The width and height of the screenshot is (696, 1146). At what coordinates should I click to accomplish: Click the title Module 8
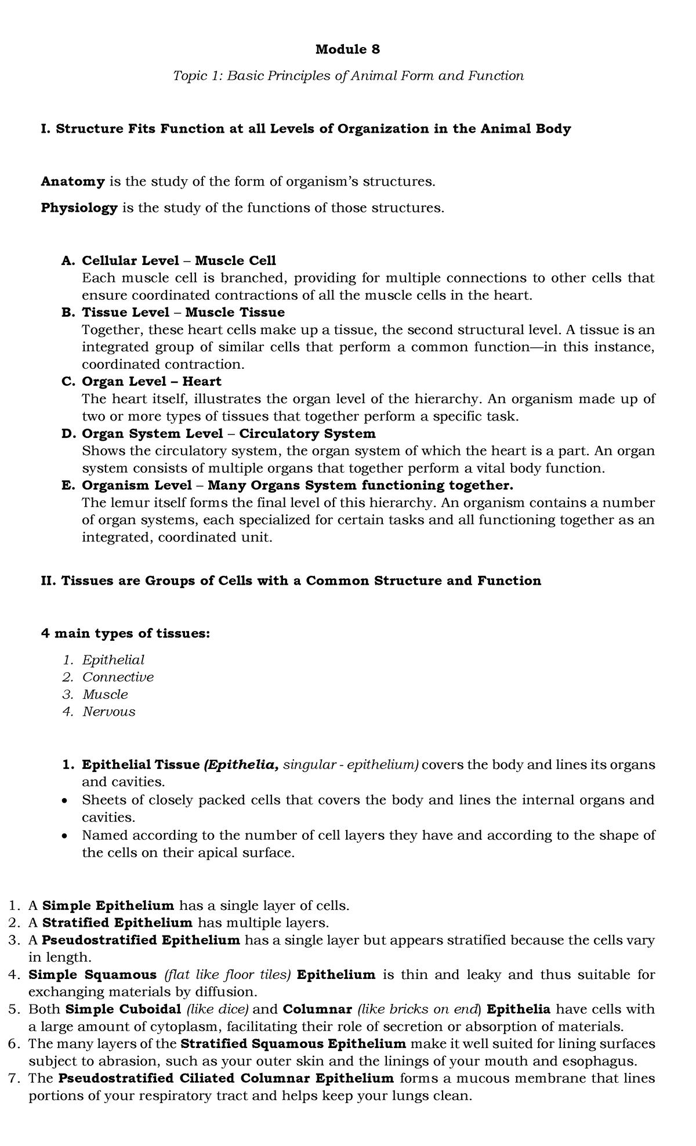(347, 50)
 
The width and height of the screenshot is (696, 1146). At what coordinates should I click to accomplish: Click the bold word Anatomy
(72, 182)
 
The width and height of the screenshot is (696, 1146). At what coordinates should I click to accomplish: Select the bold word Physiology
(79, 208)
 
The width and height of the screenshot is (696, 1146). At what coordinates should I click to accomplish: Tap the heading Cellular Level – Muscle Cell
(179, 260)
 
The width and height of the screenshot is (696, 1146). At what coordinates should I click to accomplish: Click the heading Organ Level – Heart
(151, 382)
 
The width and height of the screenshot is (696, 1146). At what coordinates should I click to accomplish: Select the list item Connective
(118, 677)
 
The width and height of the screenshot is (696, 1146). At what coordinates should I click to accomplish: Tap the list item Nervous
(108, 712)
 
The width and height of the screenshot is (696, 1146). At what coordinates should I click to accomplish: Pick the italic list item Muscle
(105, 694)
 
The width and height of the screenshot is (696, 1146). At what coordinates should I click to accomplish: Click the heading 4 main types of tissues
(125, 633)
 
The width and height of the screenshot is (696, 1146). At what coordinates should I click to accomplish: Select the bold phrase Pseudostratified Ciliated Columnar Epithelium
(226, 1078)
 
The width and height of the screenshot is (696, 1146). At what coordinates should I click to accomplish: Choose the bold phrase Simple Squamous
(92, 974)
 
